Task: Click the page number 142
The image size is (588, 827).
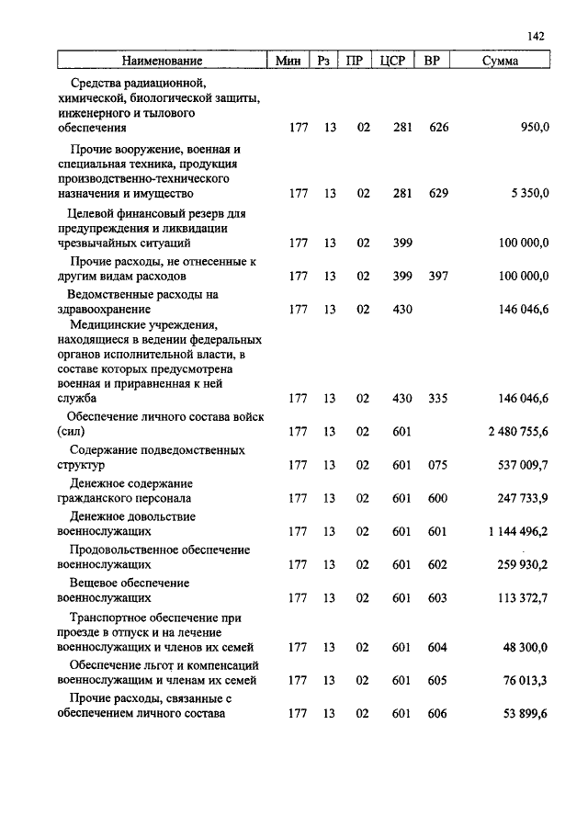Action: coord(537,36)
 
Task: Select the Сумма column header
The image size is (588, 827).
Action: coord(500,62)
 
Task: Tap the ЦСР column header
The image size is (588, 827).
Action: coord(392,62)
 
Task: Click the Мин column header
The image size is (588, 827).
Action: coord(288,62)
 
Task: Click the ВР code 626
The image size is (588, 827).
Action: coord(438,128)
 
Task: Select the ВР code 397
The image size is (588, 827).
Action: coord(438,276)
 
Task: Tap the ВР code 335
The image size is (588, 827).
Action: coord(438,399)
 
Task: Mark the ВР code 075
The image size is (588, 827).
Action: coord(438,465)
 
